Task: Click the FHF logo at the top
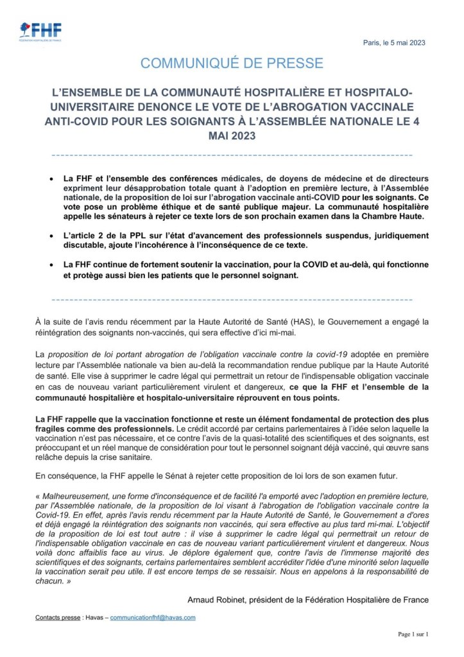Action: point(40,31)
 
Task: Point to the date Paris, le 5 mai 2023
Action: point(395,43)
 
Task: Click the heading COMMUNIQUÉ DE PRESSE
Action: point(232,63)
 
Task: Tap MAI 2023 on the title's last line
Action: point(232,136)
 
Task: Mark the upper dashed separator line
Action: point(232,155)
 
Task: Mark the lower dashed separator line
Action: point(232,299)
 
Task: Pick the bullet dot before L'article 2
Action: point(51,236)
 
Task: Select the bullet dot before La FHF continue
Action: point(51,265)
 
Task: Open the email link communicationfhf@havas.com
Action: point(153,617)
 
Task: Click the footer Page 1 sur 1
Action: point(412,635)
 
